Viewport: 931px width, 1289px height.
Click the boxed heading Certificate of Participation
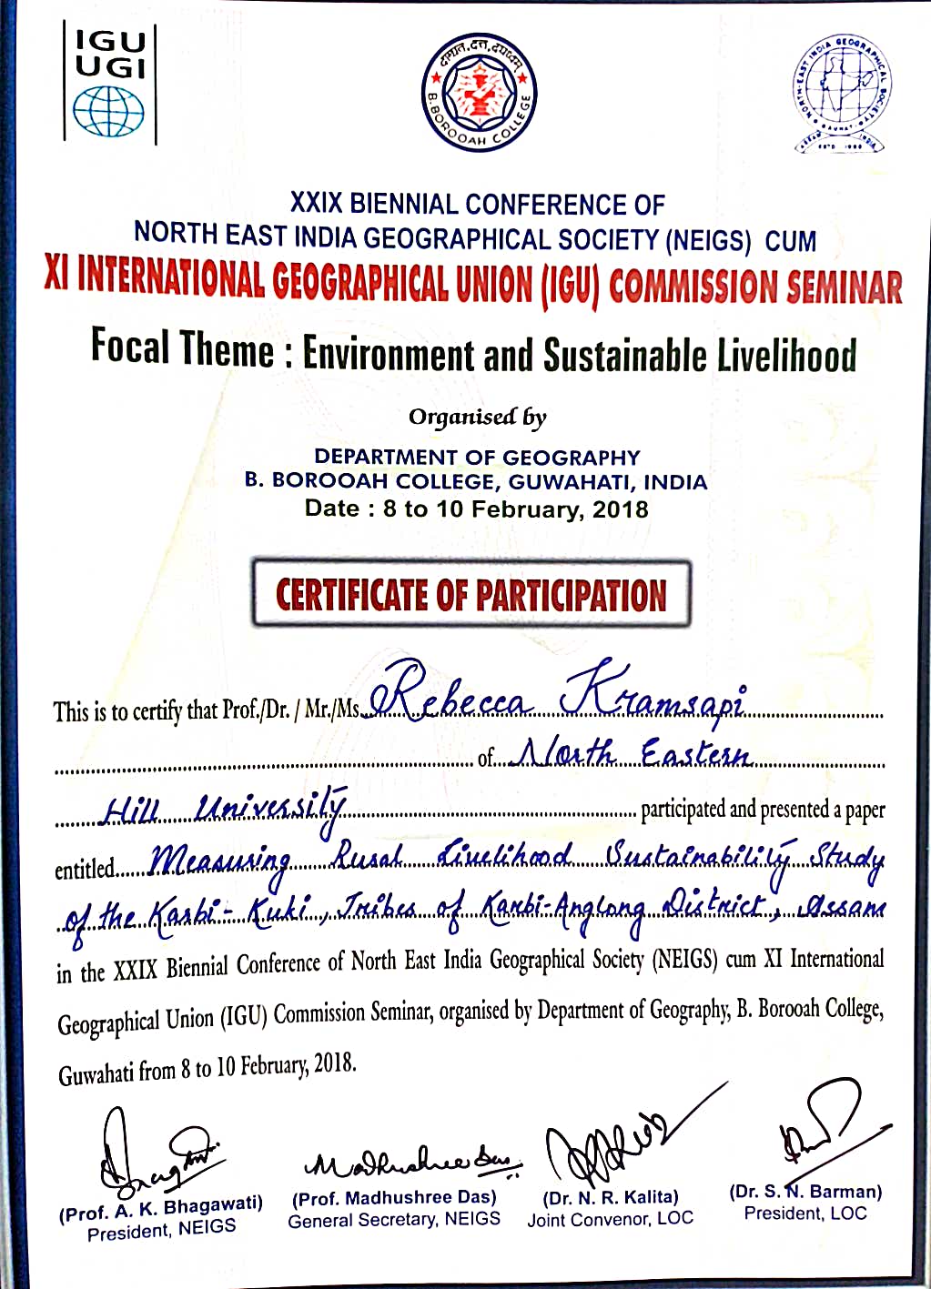pos(471,595)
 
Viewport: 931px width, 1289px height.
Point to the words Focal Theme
pos(181,348)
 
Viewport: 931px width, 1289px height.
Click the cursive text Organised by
pos(477,418)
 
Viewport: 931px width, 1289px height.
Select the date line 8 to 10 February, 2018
pos(477,509)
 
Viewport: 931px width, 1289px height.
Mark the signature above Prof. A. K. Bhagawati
pos(155,1156)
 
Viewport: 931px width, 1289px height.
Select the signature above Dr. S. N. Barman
pos(819,1133)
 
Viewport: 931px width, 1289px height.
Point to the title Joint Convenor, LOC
pos(610,1219)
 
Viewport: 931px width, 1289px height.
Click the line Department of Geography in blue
pos(477,457)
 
